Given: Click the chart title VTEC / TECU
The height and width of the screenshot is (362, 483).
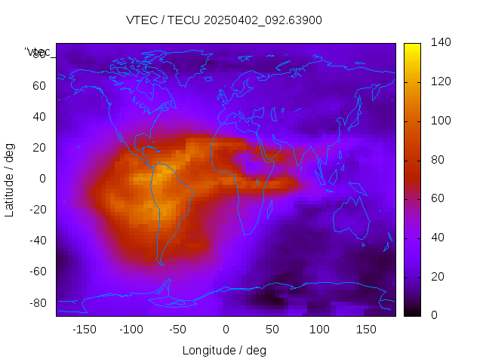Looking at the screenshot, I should (163, 20).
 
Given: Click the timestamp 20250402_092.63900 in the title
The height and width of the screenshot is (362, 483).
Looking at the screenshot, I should (263, 20).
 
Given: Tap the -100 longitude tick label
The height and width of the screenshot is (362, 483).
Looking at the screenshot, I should (131, 330).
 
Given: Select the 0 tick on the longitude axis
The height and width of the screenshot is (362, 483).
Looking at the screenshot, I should (226, 330).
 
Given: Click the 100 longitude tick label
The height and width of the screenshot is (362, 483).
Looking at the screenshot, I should (319, 330).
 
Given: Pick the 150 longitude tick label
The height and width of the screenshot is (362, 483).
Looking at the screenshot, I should (366, 330).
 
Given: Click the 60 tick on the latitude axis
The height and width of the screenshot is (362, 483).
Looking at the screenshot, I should (39, 86).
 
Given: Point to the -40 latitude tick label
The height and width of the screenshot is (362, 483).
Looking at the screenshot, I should (36, 241).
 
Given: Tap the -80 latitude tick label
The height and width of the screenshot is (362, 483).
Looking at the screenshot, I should (36, 302).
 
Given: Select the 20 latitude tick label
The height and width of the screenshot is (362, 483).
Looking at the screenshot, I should (39, 148).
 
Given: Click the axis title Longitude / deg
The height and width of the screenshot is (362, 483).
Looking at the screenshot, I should (225, 351).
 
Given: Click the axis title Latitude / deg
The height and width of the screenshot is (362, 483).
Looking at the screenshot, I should (10, 179).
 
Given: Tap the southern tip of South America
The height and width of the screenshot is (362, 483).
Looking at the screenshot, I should (160, 262).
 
